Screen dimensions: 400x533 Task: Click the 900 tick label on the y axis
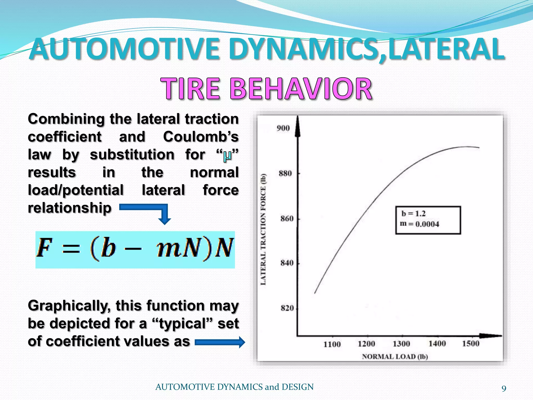click(x=283, y=128)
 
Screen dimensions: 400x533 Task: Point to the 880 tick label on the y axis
click(x=285, y=173)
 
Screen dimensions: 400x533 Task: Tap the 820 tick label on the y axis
click(x=287, y=308)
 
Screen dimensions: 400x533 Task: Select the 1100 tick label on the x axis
click(x=332, y=344)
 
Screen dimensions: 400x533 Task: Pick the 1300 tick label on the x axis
click(x=401, y=344)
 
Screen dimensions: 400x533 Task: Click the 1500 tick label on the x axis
click(x=471, y=343)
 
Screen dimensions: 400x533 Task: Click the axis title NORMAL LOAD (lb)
click(x=395, y=357)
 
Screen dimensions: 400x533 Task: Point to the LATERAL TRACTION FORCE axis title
click(x=263, y=229)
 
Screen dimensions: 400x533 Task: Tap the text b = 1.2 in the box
click(x=413, y=214)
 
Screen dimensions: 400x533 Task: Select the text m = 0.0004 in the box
click(x=419, y=224)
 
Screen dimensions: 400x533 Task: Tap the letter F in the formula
click(x=44, y=248)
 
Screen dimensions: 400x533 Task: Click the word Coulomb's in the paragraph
click(x=201, y=137)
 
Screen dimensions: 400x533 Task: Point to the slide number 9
click(x=504, y=389)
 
